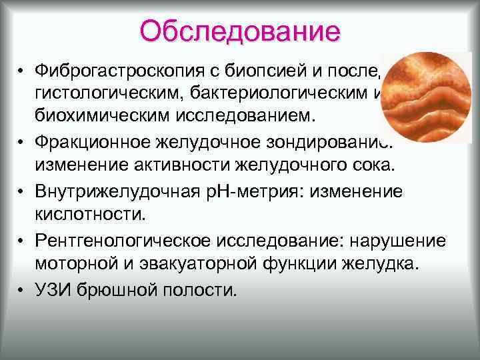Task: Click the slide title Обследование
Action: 240,31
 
